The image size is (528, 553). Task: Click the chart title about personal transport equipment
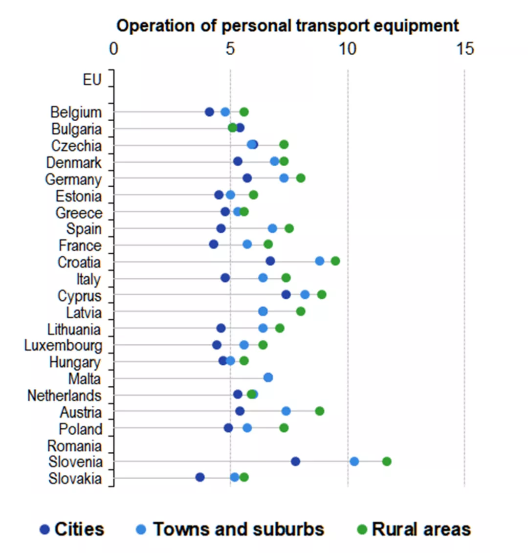[287, 25]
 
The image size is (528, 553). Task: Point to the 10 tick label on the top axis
[348, 48]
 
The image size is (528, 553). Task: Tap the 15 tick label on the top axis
[465, 48]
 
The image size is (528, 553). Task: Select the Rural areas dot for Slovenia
[387, 461]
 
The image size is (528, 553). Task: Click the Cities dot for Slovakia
[200, 477]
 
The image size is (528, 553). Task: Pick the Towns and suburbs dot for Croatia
[320, 261]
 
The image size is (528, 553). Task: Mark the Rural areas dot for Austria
[319, 411]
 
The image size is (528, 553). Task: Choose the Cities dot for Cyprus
[286, 294]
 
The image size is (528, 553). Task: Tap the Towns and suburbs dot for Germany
[284, 178]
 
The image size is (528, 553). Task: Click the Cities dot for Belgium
[209, 112]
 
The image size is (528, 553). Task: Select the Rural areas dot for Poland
[284, 428]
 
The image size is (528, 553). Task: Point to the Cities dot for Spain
[221, 228]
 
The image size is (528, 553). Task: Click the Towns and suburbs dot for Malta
[268, 377]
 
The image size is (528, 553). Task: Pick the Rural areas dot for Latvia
[301, 311]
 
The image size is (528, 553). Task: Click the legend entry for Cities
[72, 529]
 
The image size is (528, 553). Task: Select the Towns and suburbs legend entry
[230, 529]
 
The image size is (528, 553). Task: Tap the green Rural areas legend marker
[362, 529]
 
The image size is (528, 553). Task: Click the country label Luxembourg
[63, 346]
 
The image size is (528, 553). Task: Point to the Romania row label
[74, 446]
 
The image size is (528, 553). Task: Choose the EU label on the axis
[92, 79]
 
